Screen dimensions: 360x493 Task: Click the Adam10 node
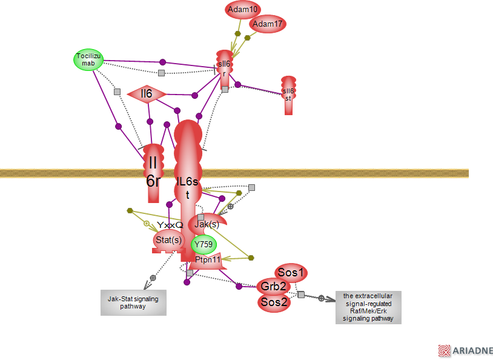click(242, 10)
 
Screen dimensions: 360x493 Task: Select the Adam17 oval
click(267, 24)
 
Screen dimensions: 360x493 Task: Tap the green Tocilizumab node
click(88, 59)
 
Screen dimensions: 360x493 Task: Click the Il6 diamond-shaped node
click(146, 94)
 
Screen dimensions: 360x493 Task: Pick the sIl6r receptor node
click(224, 68)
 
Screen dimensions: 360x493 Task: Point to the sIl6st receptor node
click(288, 95)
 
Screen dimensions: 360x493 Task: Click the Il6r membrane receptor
click(153, 172)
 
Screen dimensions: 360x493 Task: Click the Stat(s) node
click(168, 241)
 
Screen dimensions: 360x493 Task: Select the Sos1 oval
click(290, 273)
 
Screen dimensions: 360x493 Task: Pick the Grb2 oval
click(273, 287)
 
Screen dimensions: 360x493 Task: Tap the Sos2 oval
click(274, 302)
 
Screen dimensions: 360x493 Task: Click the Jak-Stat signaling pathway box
click(133, 302)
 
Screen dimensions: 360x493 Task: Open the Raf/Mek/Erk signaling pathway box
click(368, 307)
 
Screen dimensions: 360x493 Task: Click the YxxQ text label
click(170, 225)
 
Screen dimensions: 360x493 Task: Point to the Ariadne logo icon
click(445, 350)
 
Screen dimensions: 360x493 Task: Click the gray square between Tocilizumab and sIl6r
click(161, 73)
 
